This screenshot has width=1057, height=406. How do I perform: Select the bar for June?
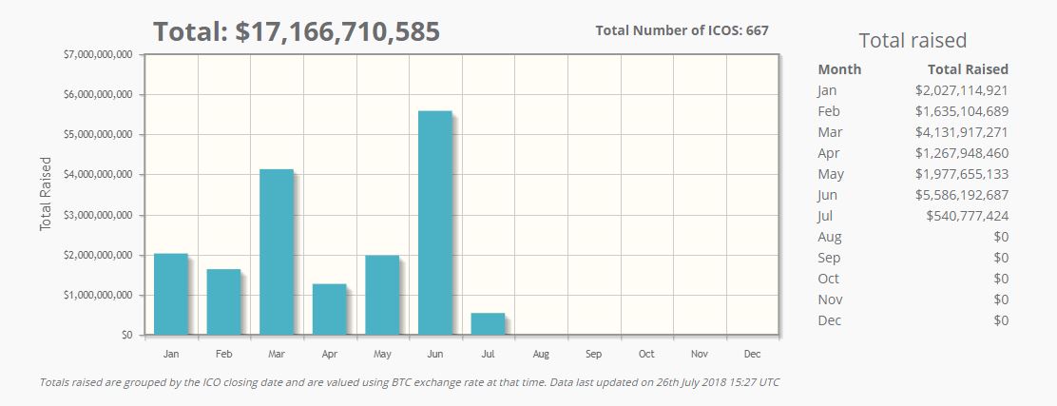[435, 222]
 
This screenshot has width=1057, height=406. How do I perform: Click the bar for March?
[277, 252]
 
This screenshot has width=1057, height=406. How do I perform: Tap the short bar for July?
[488, 323]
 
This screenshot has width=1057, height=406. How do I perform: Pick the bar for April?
[329, 309]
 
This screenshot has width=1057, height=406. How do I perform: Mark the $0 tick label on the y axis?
[125, 335]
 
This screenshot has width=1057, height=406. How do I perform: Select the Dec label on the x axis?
[752, 355]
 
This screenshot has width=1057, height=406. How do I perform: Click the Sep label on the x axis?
[593, 355]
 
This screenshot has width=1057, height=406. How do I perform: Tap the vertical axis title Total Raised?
[45, 194]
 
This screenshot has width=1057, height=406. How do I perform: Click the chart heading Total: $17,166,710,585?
[297, 31]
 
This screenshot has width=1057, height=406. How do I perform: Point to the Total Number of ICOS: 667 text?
[682, 30]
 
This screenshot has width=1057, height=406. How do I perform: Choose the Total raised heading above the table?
[912, 40]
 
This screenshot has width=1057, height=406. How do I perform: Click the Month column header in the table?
[838, 69]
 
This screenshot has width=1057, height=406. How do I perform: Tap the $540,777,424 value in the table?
[967, 216]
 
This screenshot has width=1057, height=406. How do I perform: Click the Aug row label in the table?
[829, 237]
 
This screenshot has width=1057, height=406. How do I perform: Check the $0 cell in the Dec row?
[1000, 320]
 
